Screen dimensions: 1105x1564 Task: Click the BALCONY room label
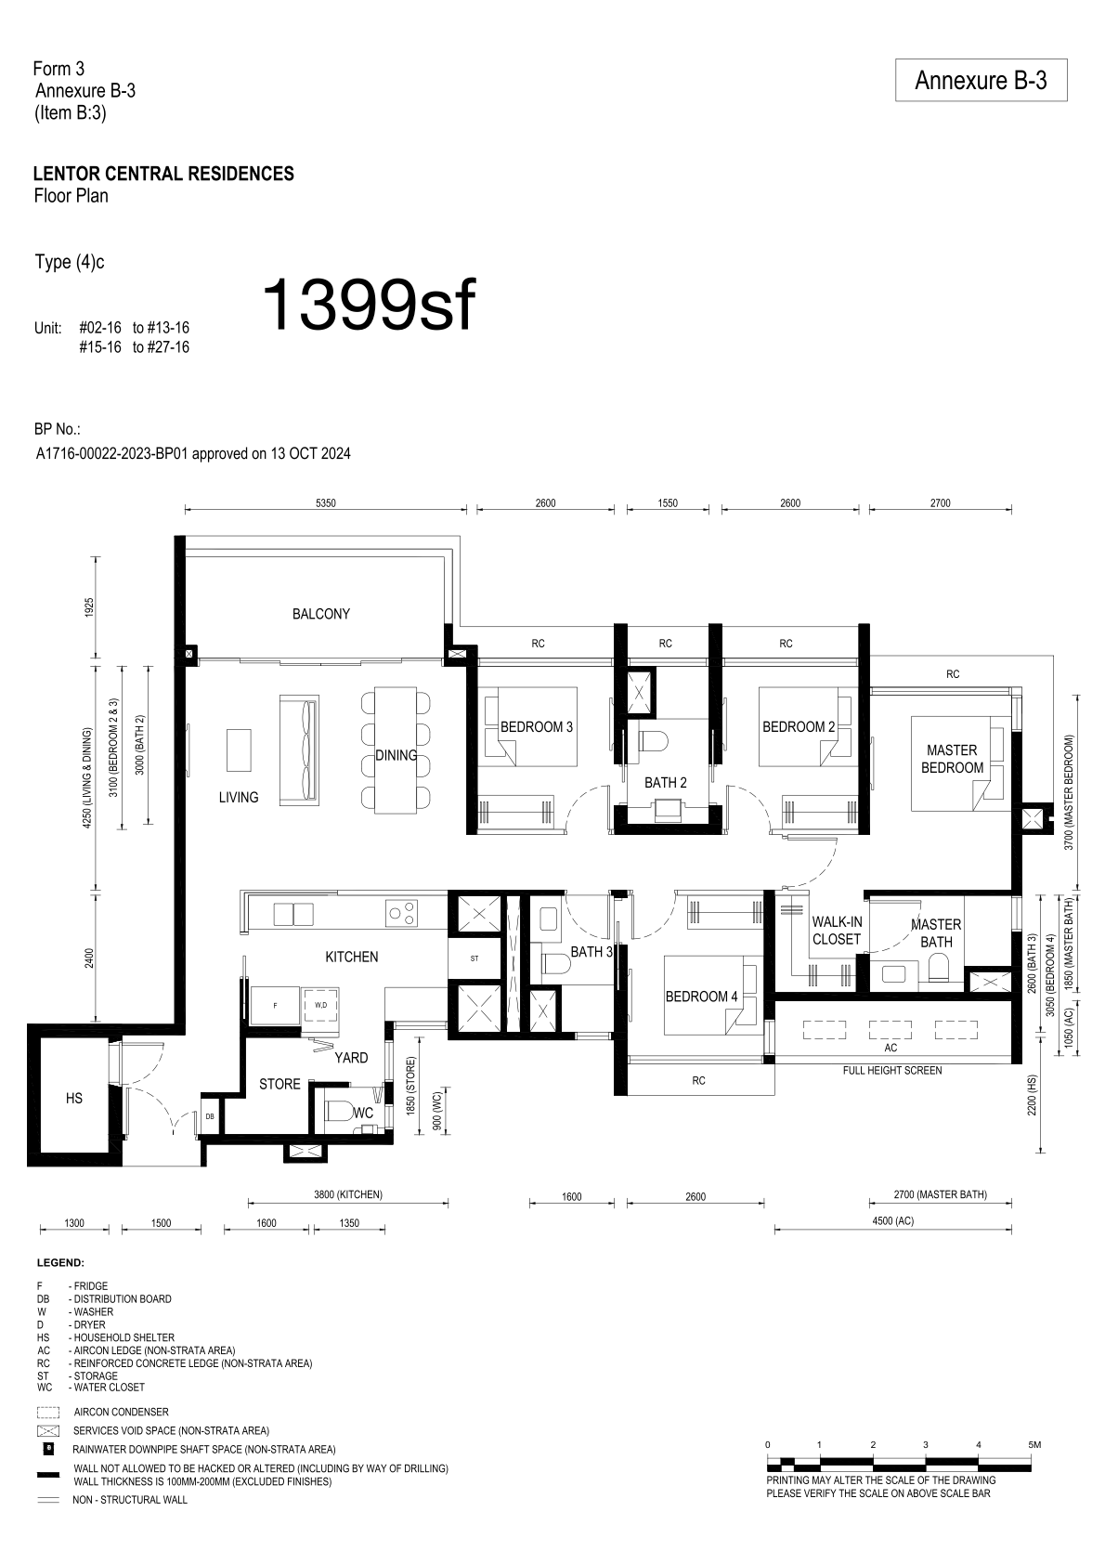click(x=321, y=614)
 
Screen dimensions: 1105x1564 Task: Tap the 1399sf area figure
click(x=370, y=306)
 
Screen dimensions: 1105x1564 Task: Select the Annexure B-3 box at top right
click(x=981, y=80)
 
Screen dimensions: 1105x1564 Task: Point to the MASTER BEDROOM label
click(x=952, y=759)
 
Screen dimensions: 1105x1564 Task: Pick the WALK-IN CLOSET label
click(x=837, y=931)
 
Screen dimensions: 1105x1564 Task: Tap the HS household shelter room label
click(x=74, y=1099)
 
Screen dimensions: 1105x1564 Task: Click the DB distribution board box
click(x=210, y=1116)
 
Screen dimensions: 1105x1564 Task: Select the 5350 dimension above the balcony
click(x=325, y=502)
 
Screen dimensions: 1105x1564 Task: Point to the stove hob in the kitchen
click(x=401, y=913)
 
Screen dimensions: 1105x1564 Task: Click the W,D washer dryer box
click(x=321, y=1006)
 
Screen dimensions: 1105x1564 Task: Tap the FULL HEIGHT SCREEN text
click(x=892, y=1070)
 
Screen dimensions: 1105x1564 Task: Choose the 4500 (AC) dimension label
click(x=892, y=1221)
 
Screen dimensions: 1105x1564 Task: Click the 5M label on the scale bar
click(x=1033, y=1444)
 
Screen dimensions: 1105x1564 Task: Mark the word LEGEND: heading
click(x=60, y=1263)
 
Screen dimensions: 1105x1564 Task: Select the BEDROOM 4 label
click(x=701, y=997)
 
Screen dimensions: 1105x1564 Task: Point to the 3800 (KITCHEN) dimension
click(x=348, y=1194)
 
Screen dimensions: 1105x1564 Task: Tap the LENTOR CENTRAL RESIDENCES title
click(x=163, y=174)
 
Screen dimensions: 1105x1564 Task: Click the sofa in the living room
click(x=299, y=750)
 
